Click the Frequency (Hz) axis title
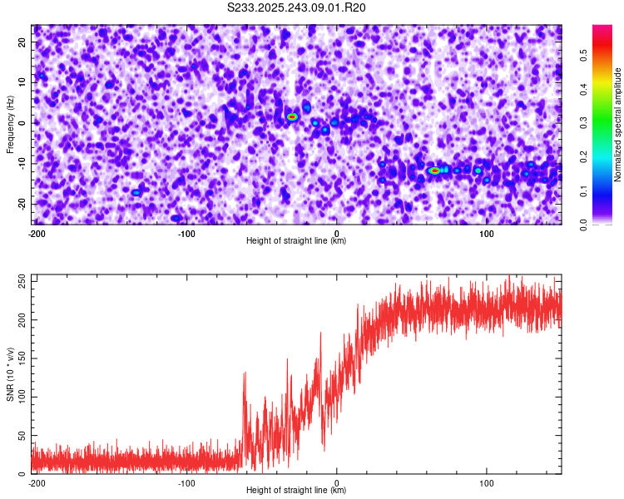tap(10, 124)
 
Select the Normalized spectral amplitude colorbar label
tap(617, 124)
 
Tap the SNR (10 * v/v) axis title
tap(10, 374)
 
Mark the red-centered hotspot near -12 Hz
tap(434, 170)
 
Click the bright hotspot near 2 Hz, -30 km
tap(292, 116)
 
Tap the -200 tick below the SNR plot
tap(37, 483)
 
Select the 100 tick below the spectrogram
tap(488, 234)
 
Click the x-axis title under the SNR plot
tap(296, 491)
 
